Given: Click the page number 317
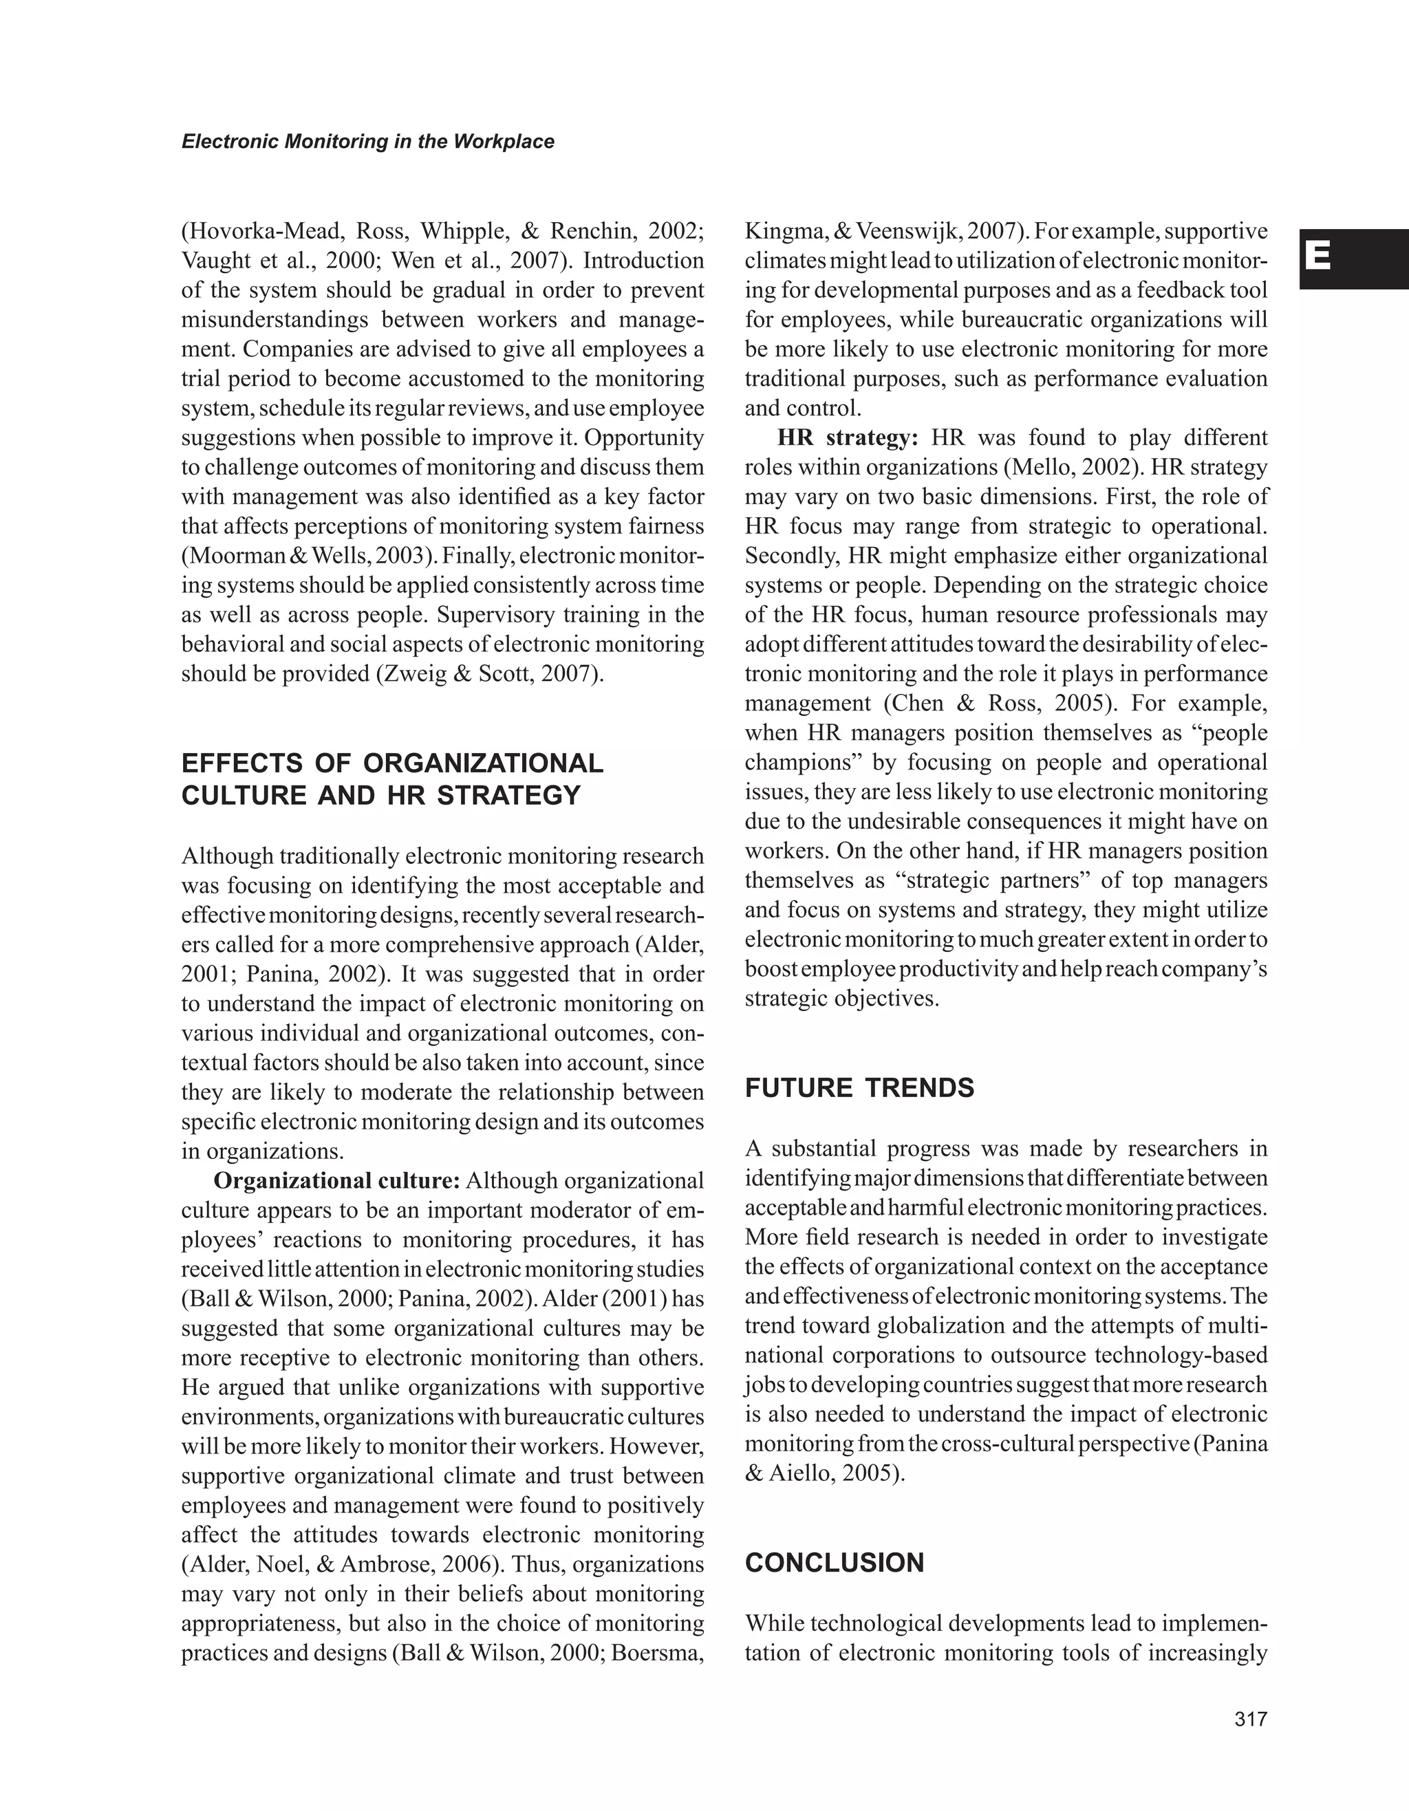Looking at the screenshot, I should click(x=1251, y=1719).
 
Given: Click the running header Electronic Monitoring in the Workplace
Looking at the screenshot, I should click(x=367, y=142).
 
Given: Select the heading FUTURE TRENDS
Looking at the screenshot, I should click(x=859, y=1087).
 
